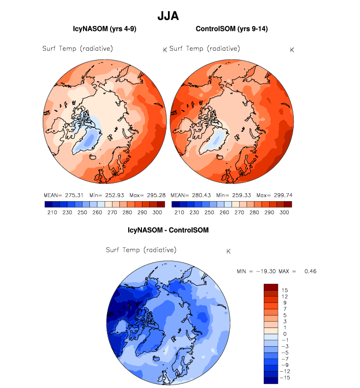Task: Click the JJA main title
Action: tap(168, 16)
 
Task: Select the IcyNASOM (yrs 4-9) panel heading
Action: tap(105, 30)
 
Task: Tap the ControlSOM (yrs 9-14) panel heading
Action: tap(231, 30)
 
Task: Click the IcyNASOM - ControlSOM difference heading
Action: tap(168, 230)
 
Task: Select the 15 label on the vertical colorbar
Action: tap(285, 291)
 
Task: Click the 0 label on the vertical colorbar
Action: tap(285, 333)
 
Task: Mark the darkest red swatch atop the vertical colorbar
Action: tap(271, 287)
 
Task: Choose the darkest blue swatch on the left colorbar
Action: tap(48, 204)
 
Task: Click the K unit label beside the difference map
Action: tap(228, 251)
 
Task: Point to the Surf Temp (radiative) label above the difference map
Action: tap(141, 250)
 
